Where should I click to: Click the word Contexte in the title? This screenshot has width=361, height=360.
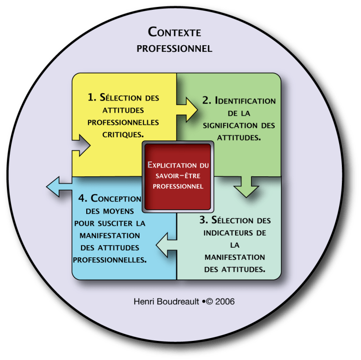click(174, 33)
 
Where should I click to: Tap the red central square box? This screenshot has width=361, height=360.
click(177, 176)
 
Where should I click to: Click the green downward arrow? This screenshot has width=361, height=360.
click(246, 186)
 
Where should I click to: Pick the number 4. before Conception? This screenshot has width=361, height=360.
click(83, 198)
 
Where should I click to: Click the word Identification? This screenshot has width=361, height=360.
click(245, 101)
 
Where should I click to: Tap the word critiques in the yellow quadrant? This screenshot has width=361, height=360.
click(123, 134)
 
